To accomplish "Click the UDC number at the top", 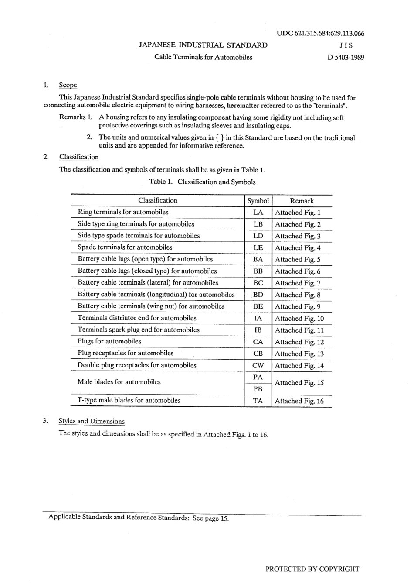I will tap(320, 34).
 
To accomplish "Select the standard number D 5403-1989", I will tap(346, 57).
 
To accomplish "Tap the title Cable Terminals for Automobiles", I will tap(203, 57).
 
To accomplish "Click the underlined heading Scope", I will tap(68, 85).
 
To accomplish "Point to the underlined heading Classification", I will tap(79, 157).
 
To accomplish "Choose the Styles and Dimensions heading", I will tap(92, 421).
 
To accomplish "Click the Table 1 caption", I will tap(202, 182).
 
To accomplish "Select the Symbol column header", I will tap(258, 201).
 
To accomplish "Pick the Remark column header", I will tap(302, 201).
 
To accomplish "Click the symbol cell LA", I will tap(258, 213).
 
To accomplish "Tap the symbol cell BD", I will tap(258, 295).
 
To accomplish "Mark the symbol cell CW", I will tap(258, 366).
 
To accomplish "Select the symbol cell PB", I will tap(258, 389).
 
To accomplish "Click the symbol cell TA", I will tap(258, 401).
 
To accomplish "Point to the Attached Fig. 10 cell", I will tap(299, 319).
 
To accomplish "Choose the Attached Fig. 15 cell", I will tap(299, 383).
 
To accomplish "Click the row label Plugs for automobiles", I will tap(109, 342).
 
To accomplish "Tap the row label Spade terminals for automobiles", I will tap(125, 247).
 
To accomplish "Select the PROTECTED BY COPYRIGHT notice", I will tap(312, 569).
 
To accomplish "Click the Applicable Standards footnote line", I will tap(139, 518).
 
